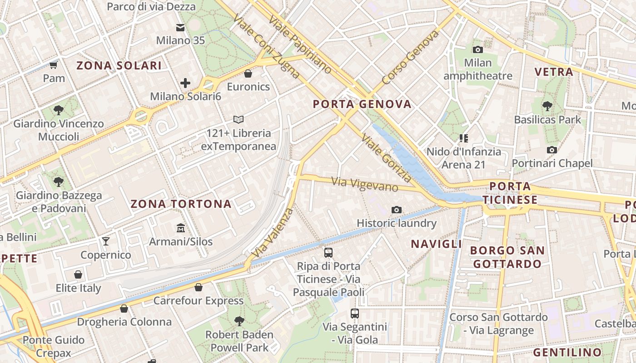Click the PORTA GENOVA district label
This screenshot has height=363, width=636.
[362, 104]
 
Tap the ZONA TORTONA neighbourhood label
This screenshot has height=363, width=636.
[181, 204]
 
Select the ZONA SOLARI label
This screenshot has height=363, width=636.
[119, 66]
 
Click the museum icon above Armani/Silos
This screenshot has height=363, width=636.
[181, 227]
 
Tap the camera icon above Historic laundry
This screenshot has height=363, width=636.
[397, 210]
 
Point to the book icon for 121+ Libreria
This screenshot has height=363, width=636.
[238, 120]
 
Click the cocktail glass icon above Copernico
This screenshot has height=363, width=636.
[106, 241]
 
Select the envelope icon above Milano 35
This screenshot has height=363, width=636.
[181, 27]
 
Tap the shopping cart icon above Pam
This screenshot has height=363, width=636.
[54, 65]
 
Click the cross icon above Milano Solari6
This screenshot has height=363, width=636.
[185, 83]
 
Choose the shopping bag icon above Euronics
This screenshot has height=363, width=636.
[248, 73]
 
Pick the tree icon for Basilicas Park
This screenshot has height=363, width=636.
[547, 106]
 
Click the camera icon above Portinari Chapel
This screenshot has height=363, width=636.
[552, 150]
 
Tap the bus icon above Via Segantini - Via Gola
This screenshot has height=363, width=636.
[355, 313]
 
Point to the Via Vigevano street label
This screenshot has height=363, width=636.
[365, 184]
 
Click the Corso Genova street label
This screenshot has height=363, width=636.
[411, 57]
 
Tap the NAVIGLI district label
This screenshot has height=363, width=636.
[437, 244]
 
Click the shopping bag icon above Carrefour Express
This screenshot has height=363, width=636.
[198, 287]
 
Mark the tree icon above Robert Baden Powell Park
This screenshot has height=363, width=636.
[239, 321]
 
